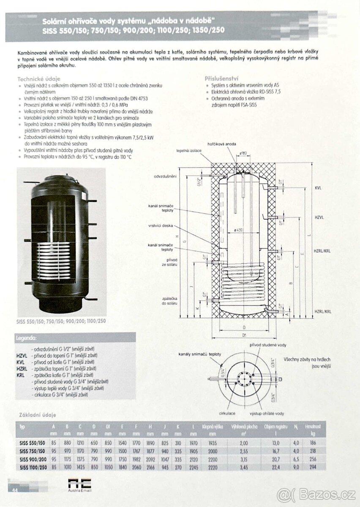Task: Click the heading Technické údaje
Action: [39, 79]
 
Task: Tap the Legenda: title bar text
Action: [26, 338]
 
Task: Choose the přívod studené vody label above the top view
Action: [267, 345]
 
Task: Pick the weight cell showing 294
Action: [313, 466]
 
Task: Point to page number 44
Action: [14, 490]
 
